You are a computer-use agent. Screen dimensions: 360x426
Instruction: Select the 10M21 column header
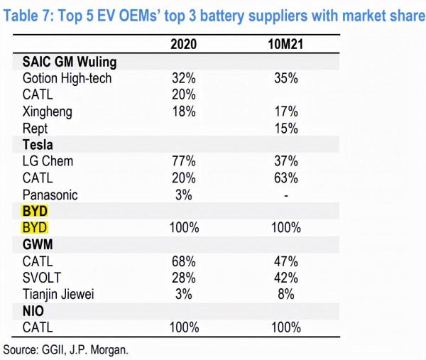click(x=285, y=44)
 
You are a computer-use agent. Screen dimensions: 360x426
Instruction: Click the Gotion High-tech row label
click(x=67, y=78)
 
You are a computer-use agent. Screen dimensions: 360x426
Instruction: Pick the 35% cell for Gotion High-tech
click(x=285, y=78)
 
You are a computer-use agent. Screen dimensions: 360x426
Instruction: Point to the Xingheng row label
click(x=48, y=111)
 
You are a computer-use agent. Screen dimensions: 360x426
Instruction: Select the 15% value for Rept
click(x=285, y=128)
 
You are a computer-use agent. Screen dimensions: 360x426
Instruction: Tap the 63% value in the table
click(x=285, y=178)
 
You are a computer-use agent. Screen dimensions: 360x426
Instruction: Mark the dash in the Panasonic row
click(x=285, y=195)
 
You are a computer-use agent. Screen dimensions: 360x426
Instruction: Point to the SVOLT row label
click(x=43, y=278)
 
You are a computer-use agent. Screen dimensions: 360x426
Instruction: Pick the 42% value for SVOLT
click(x=285, y=278)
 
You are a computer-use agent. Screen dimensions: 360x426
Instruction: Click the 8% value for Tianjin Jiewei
click(x=285, y=295)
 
